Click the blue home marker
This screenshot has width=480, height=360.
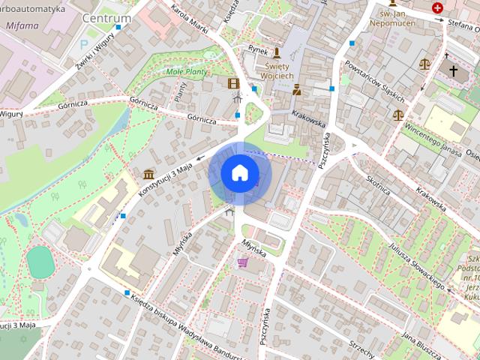tap(239, 173)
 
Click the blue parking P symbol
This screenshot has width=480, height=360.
tap(83, 44)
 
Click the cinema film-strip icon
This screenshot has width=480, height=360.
tap(234, 82)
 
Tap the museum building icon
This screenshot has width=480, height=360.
tap(148, 175)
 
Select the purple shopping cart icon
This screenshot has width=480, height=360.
tap(242, 262)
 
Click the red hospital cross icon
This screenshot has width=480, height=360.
tap(437, 8)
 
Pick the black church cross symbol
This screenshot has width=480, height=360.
tap(452, 70)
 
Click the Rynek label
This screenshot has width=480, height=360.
tap(258, 51)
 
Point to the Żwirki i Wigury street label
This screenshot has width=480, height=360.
tap(95, 55)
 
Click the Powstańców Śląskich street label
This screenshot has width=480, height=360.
tap(373, 82)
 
